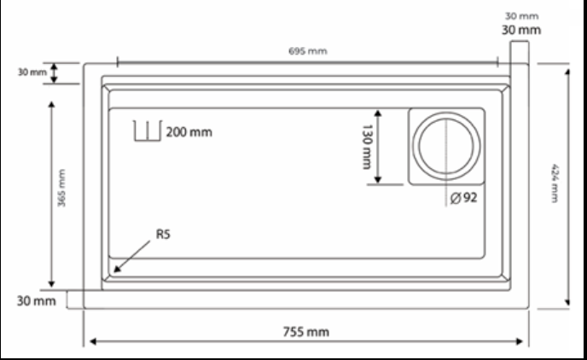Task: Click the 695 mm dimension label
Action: click(308, 51)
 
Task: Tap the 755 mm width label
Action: click(305, 332)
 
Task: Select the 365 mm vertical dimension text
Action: click(61, 188)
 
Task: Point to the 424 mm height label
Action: click(555, 183)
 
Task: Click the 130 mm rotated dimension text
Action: click(367, 147)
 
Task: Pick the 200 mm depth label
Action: click(189, 132)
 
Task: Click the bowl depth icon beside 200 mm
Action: click(148, 131)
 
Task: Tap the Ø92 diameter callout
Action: click(463, 198)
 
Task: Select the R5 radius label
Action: click(163, 235)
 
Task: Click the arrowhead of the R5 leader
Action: click(116, 270)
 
